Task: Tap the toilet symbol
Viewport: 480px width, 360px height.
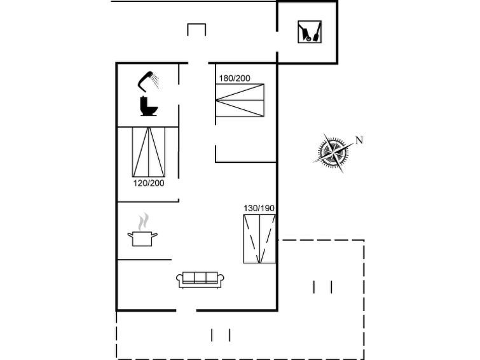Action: tap(149, 106)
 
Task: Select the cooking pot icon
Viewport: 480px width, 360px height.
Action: tap(142, 239)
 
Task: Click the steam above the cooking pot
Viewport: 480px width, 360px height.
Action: tap(143, 221)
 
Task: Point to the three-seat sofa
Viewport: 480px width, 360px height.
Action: tap(200, 280)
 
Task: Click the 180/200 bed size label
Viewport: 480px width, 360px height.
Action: tap(235, 78)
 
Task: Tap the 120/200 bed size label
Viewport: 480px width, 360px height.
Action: tap(149, 183)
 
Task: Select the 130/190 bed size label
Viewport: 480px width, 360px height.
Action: tap(259, 209)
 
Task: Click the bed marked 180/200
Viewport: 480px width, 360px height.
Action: tap(240, 100)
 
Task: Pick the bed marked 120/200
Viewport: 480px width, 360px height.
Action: tap(149, 152)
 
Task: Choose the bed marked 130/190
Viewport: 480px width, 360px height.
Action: tap(259, 239)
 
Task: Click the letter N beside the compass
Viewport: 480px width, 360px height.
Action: tap(359, 140)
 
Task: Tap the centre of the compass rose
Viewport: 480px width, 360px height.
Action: tap(332, 151)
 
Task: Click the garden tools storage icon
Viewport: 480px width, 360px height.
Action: tap(310, 32)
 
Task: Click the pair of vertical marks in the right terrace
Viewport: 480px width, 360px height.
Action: tap(323, 287)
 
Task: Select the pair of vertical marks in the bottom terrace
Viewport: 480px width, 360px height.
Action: tap(221, 335)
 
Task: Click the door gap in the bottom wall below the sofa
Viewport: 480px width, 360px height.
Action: tap(186, 310)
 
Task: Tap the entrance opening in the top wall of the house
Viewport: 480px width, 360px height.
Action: tap(198, 63)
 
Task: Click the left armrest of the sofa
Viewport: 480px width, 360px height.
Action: tap(179, 279)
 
